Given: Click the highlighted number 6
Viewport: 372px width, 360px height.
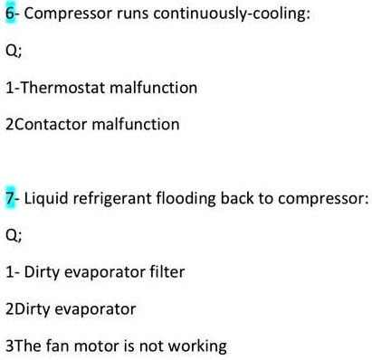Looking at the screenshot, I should coord(9,16).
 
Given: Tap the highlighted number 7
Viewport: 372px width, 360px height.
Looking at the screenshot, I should coord(9,199).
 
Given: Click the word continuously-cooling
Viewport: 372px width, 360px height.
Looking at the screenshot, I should coord(225,16).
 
